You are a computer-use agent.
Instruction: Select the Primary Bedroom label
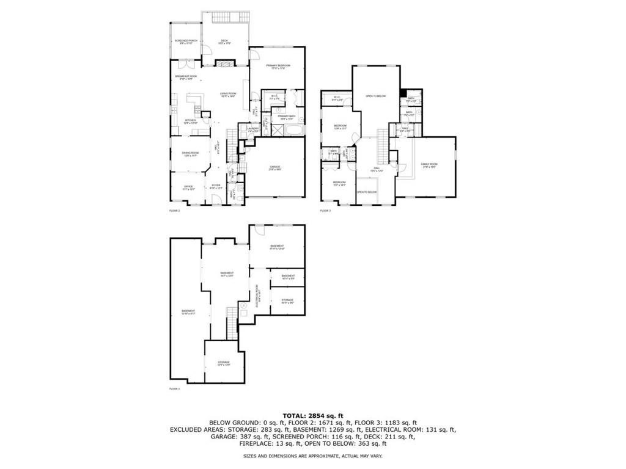(x=277, y=67)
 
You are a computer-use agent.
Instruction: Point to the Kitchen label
(x=191, y=122)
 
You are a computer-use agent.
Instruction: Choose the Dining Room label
(x=190, y=155)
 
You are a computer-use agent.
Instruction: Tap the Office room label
(x=189, y=187)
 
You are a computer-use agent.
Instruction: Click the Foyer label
(x=216, y=187)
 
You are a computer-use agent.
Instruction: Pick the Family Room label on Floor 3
(x=429, y=165)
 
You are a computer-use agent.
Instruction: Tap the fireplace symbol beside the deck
(x=224, y=63)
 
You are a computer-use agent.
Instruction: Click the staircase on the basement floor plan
(x=232, y=322)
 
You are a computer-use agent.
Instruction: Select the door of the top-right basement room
(x=260, y=230)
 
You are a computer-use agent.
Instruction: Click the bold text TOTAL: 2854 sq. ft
(x=312, y=415)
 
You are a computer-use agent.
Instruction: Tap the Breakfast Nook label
(x=186, y=78)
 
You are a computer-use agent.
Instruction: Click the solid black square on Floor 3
(x=403, y=92)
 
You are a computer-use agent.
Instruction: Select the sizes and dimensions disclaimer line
(x=312, y=456)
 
